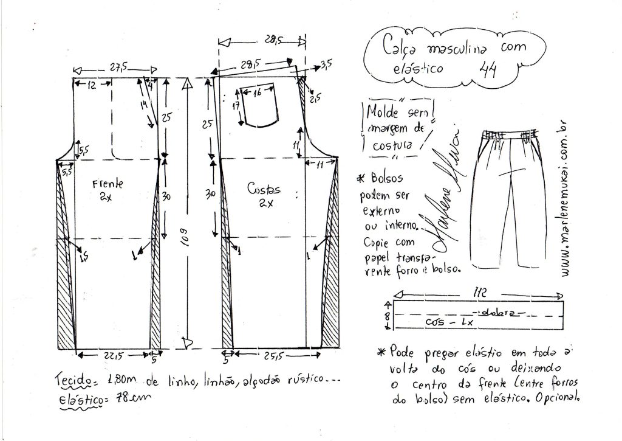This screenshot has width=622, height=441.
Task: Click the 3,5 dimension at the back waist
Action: [x=326, y=63]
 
